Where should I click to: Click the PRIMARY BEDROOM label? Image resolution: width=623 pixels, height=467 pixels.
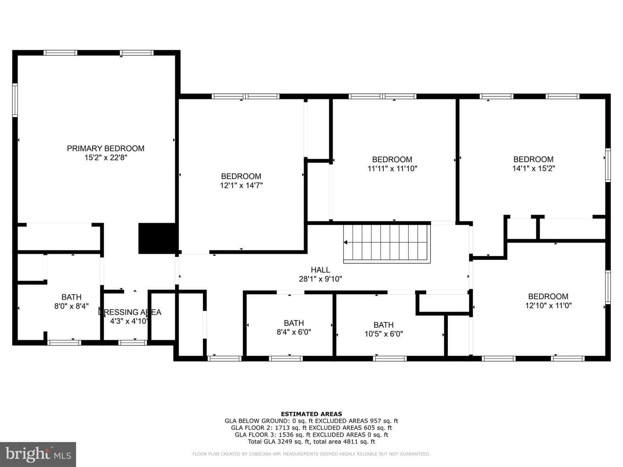click(x=106, y=148)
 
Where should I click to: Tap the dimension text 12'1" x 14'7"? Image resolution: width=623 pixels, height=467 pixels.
click(x=241, y=186)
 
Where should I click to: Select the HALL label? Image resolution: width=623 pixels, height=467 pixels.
click(x=321, y=270)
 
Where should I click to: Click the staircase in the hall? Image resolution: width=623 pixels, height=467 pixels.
click(x=387, y=243)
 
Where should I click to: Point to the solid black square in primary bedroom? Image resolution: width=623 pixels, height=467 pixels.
click(x=157, y=238)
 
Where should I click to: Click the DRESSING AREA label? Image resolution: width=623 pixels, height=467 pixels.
click(x=130, y=312)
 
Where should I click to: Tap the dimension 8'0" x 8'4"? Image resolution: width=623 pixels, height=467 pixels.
click(x=71, y=306)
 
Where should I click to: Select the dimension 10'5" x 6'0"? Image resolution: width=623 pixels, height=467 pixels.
click(x=384, y=334)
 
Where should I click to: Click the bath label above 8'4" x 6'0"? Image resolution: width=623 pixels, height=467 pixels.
click(x=294, y=323)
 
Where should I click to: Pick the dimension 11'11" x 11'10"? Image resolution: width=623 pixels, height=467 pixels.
click(x=392, y=169)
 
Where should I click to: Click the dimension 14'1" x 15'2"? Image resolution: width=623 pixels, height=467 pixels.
click(x=533, y=169)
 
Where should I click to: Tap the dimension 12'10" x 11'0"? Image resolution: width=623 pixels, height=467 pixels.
click(x=548, y=306)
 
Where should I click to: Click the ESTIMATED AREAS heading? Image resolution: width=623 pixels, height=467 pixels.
click(x=311, y=414)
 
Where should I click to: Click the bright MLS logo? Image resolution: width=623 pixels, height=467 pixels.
click(x=38, y=454)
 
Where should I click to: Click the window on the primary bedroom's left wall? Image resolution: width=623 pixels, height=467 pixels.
click(x=15, y=100)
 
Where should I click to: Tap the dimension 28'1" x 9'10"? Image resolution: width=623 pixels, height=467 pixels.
click(x=321, y=279)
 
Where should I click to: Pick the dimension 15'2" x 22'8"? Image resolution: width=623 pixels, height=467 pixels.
click(x=106, y=158)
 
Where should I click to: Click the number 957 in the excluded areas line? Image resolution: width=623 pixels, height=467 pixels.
click(x=378, y=421)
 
